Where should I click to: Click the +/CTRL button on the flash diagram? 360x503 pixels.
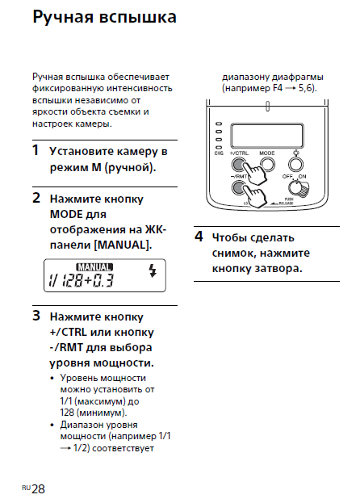(238, 165)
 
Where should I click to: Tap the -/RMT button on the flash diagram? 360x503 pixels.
(238, 188)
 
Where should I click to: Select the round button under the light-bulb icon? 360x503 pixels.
(295, 165)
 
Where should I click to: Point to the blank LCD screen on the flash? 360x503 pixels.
(267, 136)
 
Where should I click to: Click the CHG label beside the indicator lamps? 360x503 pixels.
(219, 153)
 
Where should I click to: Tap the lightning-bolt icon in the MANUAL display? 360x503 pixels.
(153, 270)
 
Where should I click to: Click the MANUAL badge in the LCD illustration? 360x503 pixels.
(94, 267)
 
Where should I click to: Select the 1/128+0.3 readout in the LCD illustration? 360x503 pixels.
(81, 280)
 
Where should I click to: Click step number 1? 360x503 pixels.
(36, 150)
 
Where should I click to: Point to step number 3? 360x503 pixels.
(36, 316)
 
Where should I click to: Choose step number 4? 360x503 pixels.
(199, 237)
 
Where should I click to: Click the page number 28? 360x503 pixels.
(39, 489)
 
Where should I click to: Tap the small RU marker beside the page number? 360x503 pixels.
(27, 488)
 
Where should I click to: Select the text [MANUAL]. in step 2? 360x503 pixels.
(123, 245)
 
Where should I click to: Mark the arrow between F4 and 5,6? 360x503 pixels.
(290, 89)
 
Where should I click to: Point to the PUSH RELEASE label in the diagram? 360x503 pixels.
(287, 202)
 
